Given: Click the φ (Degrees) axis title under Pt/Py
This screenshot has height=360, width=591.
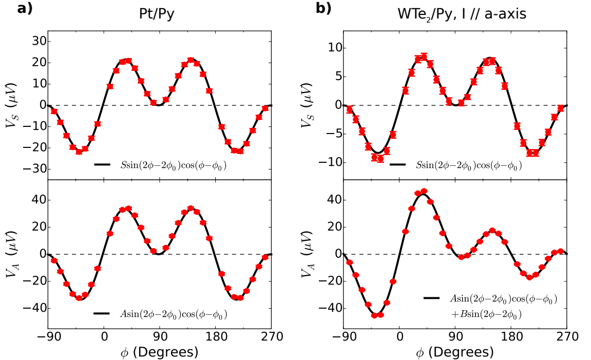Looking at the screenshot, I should (x=159, y=352).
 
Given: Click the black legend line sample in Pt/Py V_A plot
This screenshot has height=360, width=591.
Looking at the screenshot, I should (x=102, y=313).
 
